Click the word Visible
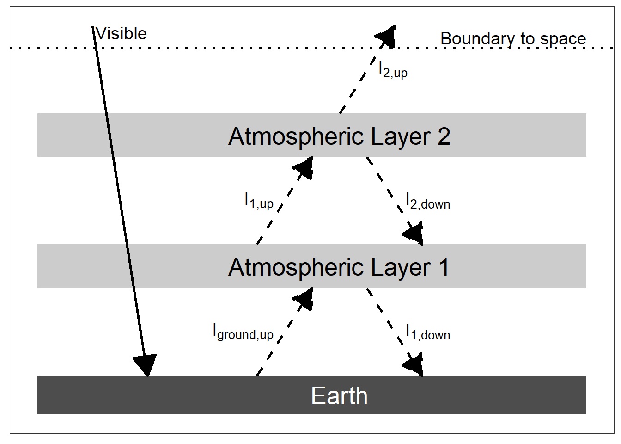(x=122, y=34)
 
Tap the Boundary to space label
(x=513, y=39)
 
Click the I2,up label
(x=393, y=70)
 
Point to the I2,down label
(x=427, y=201)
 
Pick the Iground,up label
(x=243, y=332)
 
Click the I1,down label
(x=427, y=332)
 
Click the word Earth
(x=339, y=396)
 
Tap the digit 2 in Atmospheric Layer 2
(x=444, y=136)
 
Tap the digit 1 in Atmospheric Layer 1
(x=444, y=268)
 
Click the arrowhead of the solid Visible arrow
(x=146, y=365)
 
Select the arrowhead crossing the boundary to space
(x=386, y=36)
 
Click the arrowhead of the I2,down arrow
(x=414, y=234)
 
